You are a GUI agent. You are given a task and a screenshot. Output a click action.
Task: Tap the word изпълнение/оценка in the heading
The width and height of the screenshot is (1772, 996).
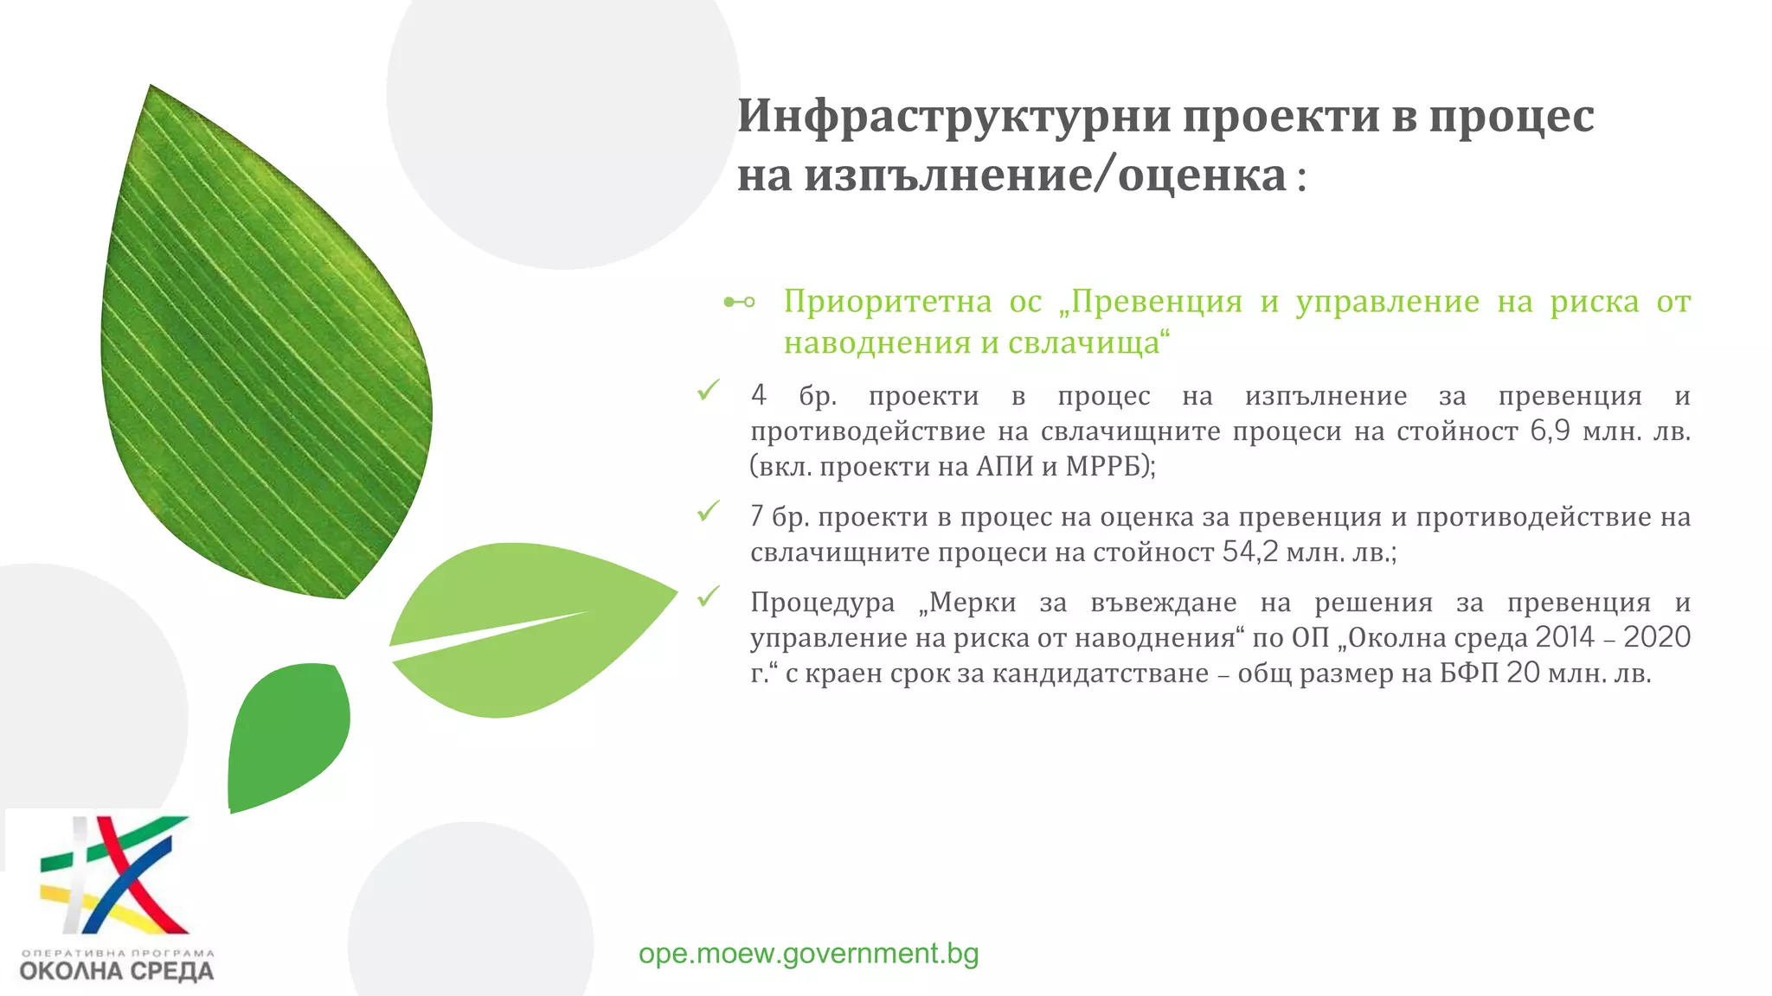coord(1045,175)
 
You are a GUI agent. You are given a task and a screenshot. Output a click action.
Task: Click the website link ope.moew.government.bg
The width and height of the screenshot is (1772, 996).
coord(808,953)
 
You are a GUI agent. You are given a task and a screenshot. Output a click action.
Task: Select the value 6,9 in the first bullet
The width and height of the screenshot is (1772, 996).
coord(1550,431)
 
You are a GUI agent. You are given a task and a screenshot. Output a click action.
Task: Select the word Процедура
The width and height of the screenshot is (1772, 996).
coord(822,602)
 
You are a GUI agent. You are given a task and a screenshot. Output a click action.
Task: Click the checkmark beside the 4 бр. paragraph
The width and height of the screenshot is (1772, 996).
coord(709,391)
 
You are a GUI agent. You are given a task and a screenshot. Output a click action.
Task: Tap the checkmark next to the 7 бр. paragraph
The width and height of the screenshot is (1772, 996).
coord(709,512)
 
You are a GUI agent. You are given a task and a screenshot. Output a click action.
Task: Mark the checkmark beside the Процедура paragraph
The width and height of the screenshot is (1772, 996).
coord(709,597)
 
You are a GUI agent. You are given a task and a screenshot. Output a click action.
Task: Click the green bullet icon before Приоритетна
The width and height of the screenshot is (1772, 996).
coord(739,302)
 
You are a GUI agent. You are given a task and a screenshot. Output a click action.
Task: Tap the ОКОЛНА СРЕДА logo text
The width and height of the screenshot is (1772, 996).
coord(116,970)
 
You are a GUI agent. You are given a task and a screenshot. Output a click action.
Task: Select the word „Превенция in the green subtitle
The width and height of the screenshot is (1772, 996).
coord(1150,302)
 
